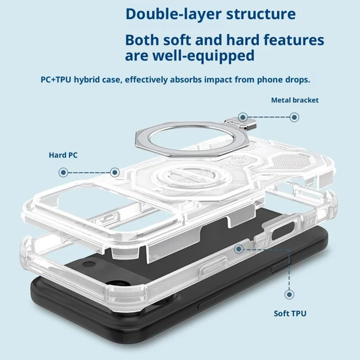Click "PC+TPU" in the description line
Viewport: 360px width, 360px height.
click(x=56, y=80)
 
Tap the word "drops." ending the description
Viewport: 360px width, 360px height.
click(x=297, y=80)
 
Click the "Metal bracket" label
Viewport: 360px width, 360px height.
click(x=294, y=100)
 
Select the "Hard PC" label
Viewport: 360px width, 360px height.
click(x=63, y=155)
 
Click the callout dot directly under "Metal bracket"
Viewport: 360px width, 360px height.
click(x=294, y=117)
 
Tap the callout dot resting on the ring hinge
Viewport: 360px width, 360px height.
click(x=243, y=117)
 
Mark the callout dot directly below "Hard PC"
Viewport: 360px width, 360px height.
click(x=63, y=172)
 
